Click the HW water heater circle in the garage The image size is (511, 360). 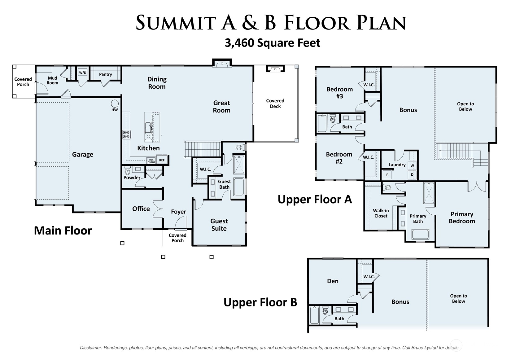coord(115,103)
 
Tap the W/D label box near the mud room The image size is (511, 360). coord(83,73)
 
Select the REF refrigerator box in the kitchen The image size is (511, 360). coord(162,160)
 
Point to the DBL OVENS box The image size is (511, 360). coord(151,161)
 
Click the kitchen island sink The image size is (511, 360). coord(148,127)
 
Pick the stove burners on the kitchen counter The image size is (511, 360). coord(126,134)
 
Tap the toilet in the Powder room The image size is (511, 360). coord(127,170)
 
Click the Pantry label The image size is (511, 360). coord(105,74)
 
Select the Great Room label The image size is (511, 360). coord(221,107)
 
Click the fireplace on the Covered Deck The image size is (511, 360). coord(275,69)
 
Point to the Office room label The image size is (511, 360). coord(141,209)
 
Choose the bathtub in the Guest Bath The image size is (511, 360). coord(239,187)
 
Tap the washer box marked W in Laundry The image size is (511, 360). coord(412,166)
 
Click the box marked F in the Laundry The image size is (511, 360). coord(387,175)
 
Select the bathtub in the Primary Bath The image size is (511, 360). coord(420,234)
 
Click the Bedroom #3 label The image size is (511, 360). coord(340,93)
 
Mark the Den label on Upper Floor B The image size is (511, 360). coord(333,281)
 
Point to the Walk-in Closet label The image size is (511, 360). coord(381,213)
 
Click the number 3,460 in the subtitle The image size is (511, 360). coord(239,43)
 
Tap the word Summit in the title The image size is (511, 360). coord(176,23)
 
